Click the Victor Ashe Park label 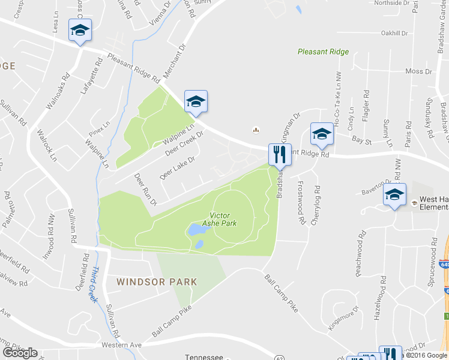pyautogui.click(x=223, y=220)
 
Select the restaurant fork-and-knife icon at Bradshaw pyautogui.click(x=279, y=155)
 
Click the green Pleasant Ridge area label pyautogui.click(x=323, y=52)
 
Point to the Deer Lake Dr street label pyautogui.click(x=178, y=168)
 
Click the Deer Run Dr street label pyautogui.click(x=145, y=190)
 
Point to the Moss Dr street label pyautogui.click(x=414, y=71)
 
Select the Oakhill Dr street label pyautogui.click(x=394, y=34)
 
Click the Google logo pyautogui.click(x=20, y=353)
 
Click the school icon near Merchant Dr pyautogui.click(x=196, y=102)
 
